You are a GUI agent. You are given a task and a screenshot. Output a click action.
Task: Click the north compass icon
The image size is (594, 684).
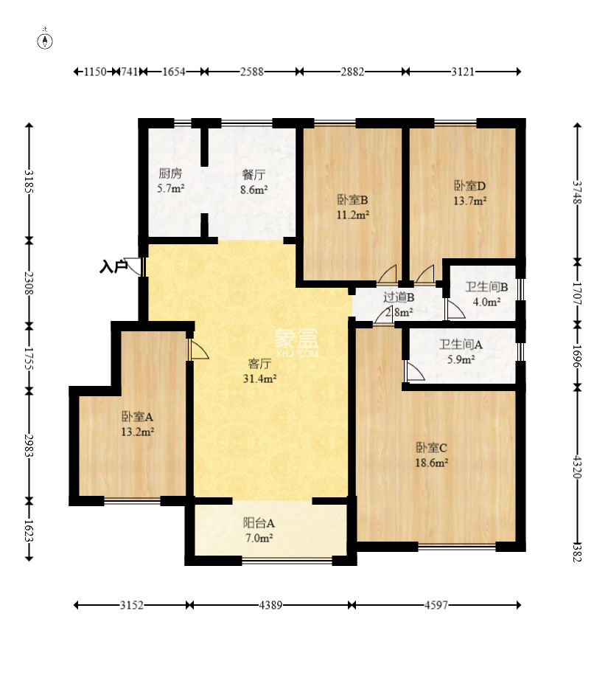(45, 40)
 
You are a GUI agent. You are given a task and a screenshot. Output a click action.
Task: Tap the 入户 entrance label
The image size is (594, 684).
(113, 266)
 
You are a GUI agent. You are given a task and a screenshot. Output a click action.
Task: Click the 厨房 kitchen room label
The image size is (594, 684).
(170, 173)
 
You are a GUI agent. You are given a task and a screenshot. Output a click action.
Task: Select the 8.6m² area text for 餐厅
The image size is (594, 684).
(254, 190)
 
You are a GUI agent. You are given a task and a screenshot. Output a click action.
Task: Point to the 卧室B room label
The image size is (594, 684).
(352, 200)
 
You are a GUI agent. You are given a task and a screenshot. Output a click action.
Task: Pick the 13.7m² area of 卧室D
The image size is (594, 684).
(469, 201)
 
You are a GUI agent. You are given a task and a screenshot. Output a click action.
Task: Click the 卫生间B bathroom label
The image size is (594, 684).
(486, 287)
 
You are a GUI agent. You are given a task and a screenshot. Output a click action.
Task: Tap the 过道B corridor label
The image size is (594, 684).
(399, 297)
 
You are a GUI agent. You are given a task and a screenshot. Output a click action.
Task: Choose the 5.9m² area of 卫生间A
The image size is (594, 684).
(461, 359)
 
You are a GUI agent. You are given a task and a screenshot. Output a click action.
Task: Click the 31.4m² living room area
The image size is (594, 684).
(259, 379)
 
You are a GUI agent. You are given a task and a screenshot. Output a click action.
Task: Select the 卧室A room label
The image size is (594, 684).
(137, 417)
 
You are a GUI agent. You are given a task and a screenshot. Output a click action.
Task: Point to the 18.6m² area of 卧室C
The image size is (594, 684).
(431, 463)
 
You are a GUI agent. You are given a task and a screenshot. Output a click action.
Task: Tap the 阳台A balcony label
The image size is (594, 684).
(259, 522)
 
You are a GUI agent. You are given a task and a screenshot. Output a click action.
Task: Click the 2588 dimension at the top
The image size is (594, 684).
(252, 72)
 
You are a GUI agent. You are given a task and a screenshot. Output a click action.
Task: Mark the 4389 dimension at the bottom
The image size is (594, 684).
(270, 605)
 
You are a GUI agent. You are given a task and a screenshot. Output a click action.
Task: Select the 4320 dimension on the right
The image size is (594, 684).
(578, 467)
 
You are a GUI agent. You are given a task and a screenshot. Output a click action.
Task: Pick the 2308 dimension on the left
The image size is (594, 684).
(29, 283)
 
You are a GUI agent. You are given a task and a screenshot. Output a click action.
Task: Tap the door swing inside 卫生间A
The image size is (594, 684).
(414, 370)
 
